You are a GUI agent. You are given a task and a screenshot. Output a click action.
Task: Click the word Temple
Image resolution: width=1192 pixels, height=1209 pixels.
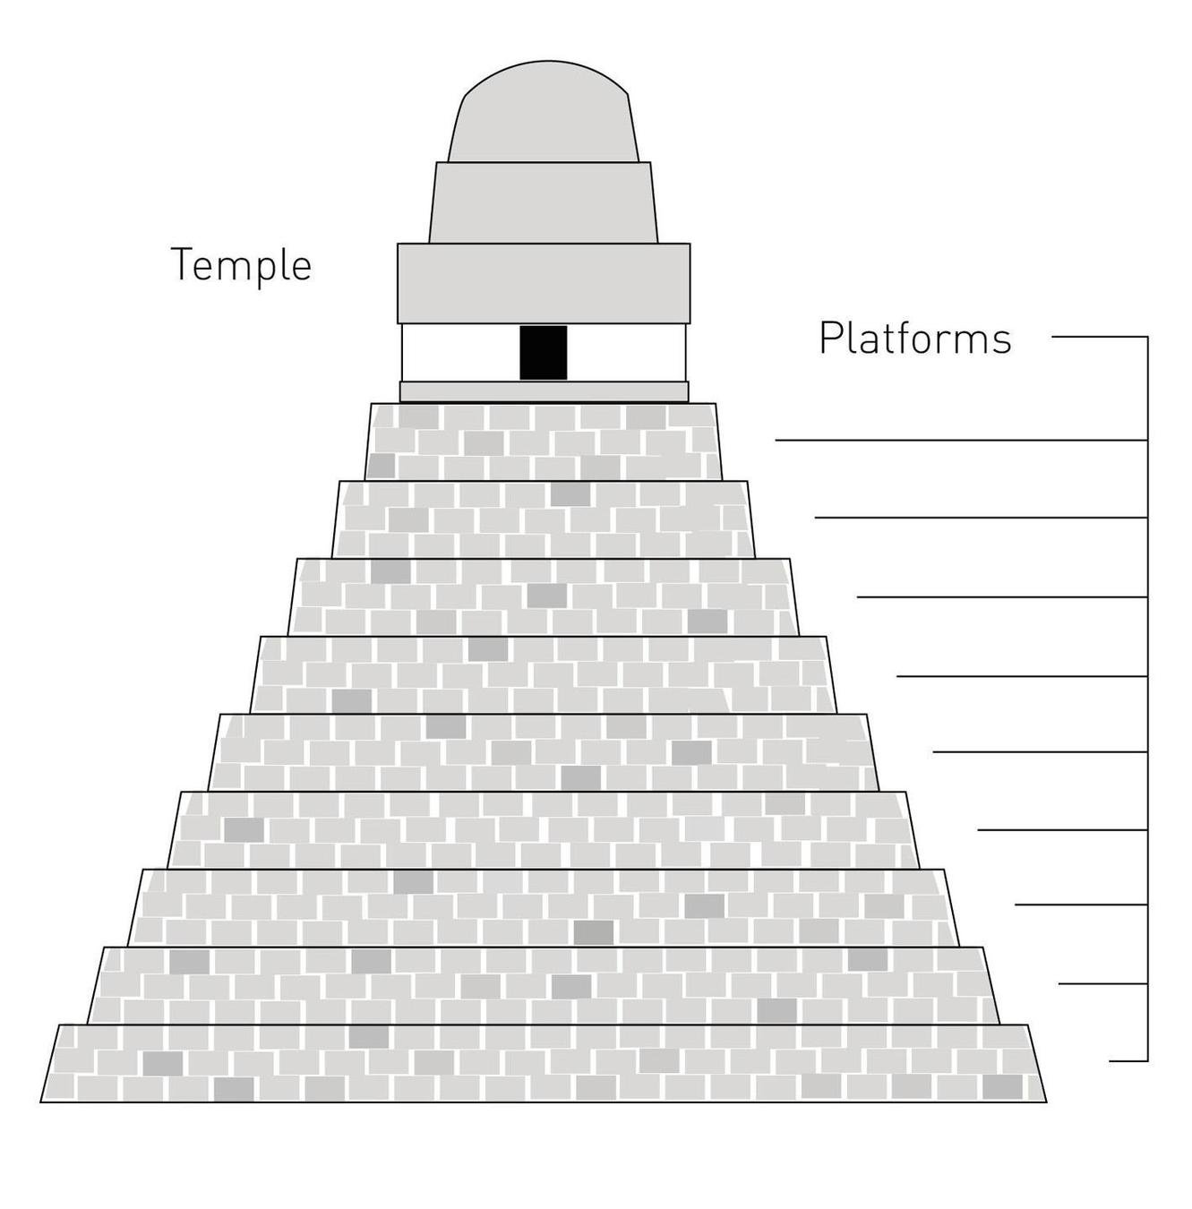point(241,265)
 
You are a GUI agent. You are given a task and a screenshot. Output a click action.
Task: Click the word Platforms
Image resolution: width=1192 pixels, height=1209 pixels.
point(914,339)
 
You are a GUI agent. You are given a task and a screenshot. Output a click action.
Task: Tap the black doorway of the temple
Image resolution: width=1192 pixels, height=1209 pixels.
point(544,352)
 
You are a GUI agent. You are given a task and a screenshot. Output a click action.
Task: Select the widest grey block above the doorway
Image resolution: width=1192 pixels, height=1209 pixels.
point(544,282)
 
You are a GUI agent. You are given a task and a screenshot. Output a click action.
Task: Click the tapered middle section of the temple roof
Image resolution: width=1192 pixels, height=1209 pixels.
point(544,202)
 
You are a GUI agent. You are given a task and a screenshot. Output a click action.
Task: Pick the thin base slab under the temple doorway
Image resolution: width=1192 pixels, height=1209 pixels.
point(544,391)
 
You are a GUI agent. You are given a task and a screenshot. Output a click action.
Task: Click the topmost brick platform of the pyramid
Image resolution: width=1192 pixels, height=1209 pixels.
point(544,442)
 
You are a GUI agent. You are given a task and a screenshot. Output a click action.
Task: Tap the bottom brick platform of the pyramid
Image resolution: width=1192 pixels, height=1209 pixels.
point(544,1063)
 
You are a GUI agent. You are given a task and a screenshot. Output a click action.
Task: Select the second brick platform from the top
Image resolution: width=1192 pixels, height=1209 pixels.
point(544,519)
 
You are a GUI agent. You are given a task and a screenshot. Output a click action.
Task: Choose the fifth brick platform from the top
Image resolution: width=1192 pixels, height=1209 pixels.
point(544,752)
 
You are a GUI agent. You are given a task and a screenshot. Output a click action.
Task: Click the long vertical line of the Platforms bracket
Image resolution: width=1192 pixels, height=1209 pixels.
point(1147,699)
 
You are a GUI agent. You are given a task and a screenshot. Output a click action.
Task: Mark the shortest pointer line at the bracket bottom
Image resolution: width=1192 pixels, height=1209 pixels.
point(1128,1061)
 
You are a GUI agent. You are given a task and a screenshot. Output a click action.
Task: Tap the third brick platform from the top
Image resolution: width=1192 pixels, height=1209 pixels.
point(544,597)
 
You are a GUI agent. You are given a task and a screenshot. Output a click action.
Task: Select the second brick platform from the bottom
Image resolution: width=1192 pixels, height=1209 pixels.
point(544,985)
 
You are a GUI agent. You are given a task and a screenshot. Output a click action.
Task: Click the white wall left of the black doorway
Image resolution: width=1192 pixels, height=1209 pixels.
point(460,352)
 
